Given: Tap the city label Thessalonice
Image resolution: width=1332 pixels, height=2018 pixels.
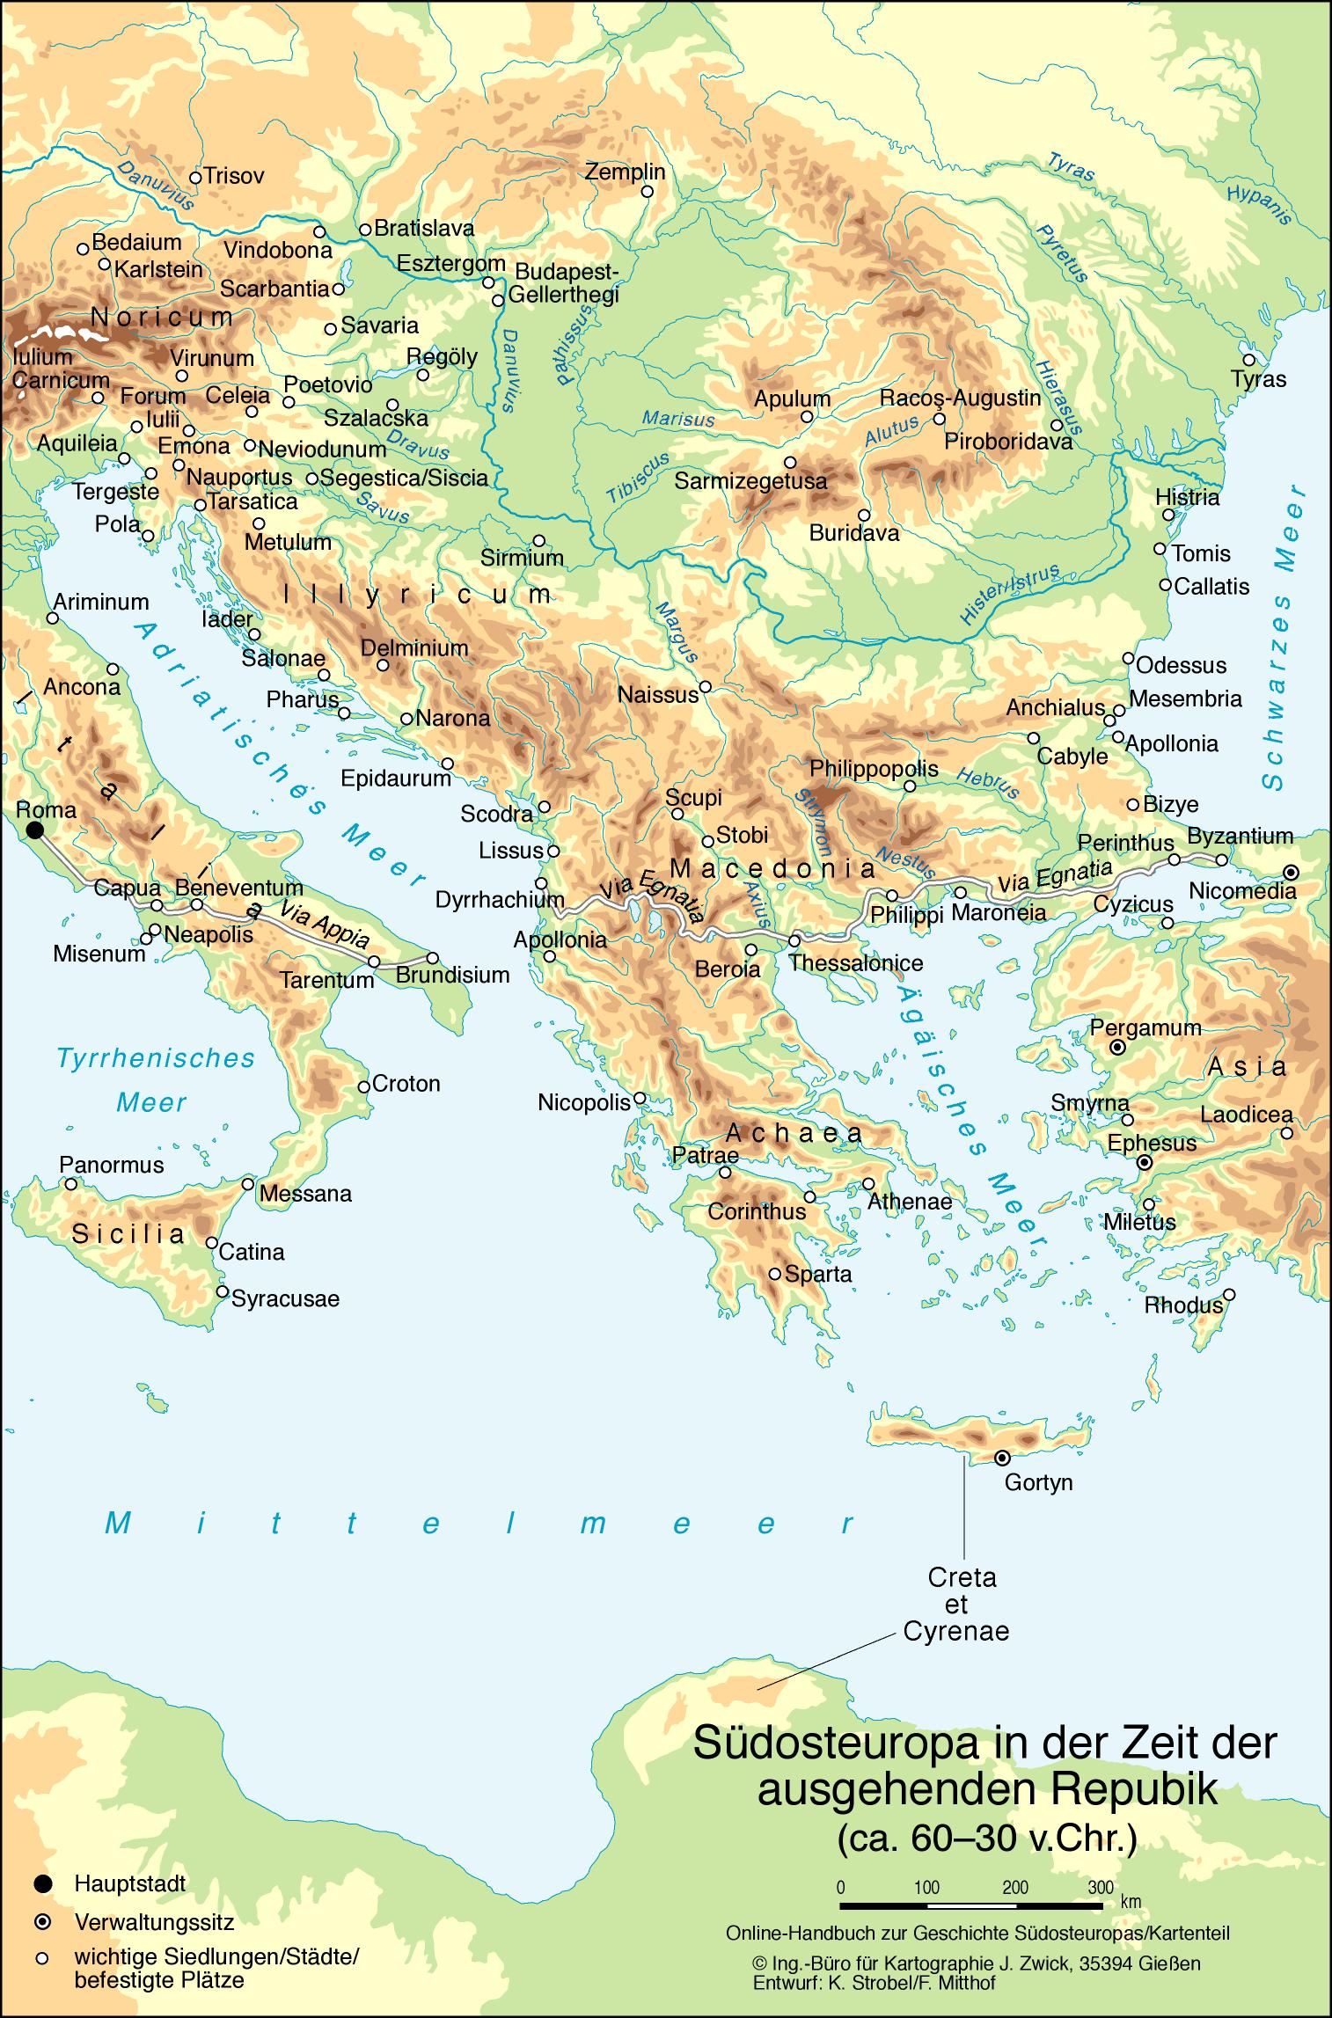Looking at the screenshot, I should point(855,962).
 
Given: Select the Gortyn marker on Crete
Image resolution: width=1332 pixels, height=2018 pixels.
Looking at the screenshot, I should point(1001,1458).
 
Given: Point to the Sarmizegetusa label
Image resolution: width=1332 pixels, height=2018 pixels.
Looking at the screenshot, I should point(750,481).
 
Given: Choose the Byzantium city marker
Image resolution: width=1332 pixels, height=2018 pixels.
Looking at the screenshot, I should point(1221,859).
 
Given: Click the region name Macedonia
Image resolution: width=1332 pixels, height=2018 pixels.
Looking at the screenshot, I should point(772,868).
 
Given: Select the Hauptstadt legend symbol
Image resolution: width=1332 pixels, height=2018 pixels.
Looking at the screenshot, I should point(41,1883).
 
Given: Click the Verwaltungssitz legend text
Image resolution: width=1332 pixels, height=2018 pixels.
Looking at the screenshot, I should point(154,1921).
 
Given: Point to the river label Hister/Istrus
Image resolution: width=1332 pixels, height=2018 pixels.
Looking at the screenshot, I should point(1010,596).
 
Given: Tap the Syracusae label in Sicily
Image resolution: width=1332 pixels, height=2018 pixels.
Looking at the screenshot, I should point(284,1298).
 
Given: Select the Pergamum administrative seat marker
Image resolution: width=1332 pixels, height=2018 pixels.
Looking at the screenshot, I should point(1116,1048).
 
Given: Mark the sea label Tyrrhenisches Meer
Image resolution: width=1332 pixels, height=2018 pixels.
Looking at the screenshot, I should point(155,1079).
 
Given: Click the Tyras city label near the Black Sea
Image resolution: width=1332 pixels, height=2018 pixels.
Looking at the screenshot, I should point(1258,379).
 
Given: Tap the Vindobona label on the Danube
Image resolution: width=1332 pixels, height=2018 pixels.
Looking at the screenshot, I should point(277,250).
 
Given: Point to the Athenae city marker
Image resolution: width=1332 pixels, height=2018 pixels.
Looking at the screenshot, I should point(868,1184).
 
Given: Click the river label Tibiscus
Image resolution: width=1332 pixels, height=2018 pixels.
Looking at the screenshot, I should point(638,478).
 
